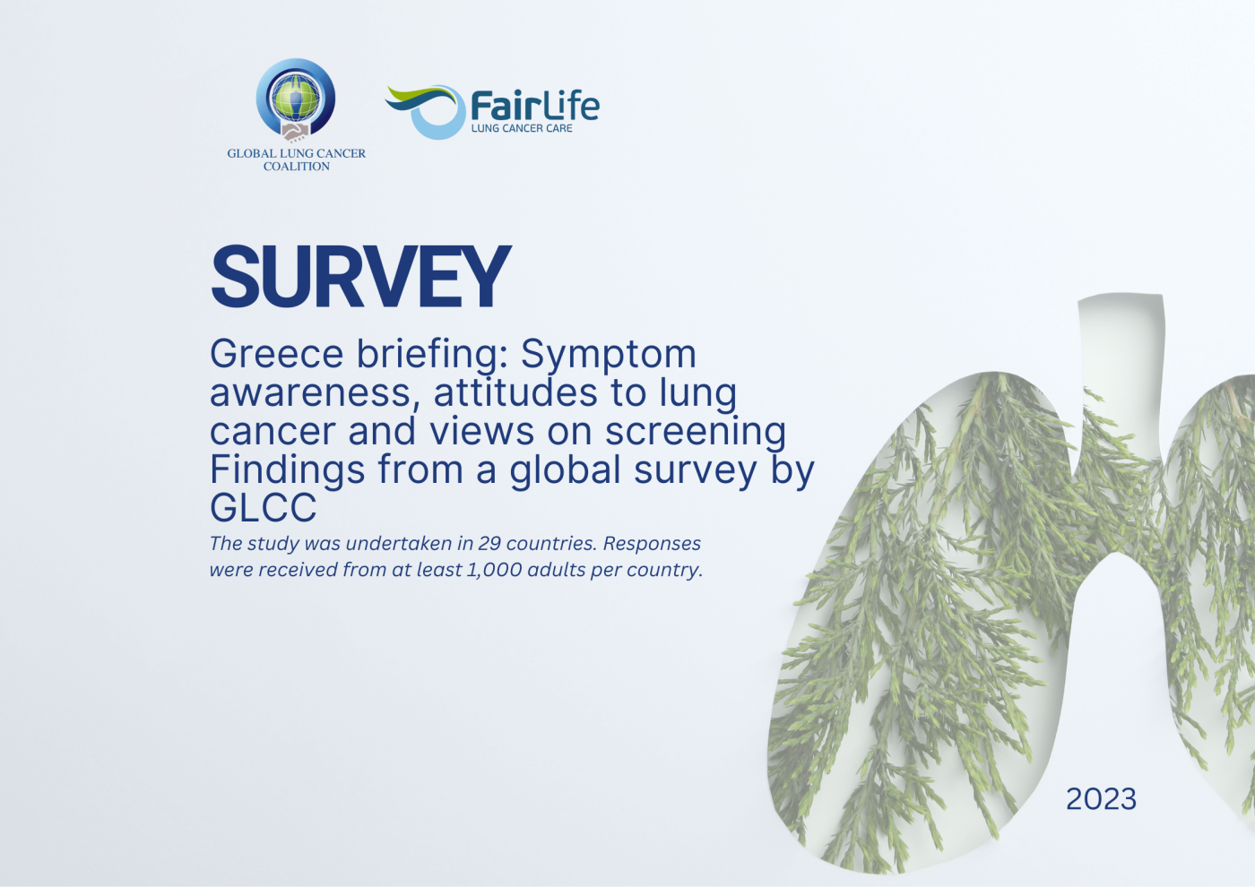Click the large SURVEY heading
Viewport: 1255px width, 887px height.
coord(360,277)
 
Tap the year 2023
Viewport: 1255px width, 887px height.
coord(1101,799)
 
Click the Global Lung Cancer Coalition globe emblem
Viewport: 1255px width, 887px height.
coord(295,98)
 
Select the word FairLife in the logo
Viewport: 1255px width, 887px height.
coord(535,106)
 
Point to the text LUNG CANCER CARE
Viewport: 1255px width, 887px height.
coord(522,128)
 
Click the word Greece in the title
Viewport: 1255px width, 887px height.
coord(276,354)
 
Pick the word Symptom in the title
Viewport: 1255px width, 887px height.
coord(609,357)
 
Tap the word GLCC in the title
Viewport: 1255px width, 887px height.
coord(264,507)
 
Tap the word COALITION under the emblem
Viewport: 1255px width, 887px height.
coord(297,167)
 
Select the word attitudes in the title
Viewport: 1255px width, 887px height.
coord(515,392)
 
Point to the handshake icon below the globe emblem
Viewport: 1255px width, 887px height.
coord(295,133)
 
